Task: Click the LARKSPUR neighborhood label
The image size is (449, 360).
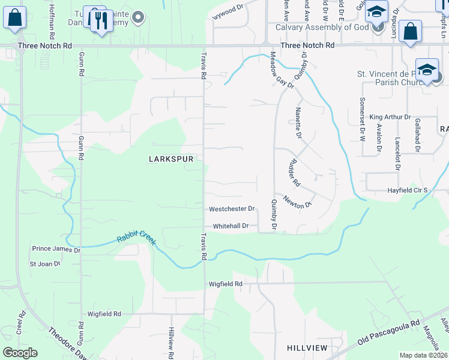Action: [x=170, y=159]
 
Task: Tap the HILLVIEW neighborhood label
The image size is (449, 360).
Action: [x=307, y=348]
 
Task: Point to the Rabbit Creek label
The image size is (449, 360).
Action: [x=136, y=238]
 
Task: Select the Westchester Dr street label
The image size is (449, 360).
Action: [x=232, y=209]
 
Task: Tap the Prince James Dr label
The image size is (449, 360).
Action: [x=56, y=248]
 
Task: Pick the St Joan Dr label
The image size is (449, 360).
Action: [x=45, y=263]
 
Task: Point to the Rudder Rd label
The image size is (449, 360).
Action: [x=294, y=172]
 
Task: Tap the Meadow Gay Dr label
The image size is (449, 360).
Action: [x=282, y=70]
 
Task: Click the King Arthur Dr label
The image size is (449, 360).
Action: [x=390, y=117]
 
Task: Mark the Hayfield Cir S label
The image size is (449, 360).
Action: [x=408, y=190]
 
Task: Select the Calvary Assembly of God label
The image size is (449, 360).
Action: [x=321, y=27]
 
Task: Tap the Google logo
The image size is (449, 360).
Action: [x=20, y=353]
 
